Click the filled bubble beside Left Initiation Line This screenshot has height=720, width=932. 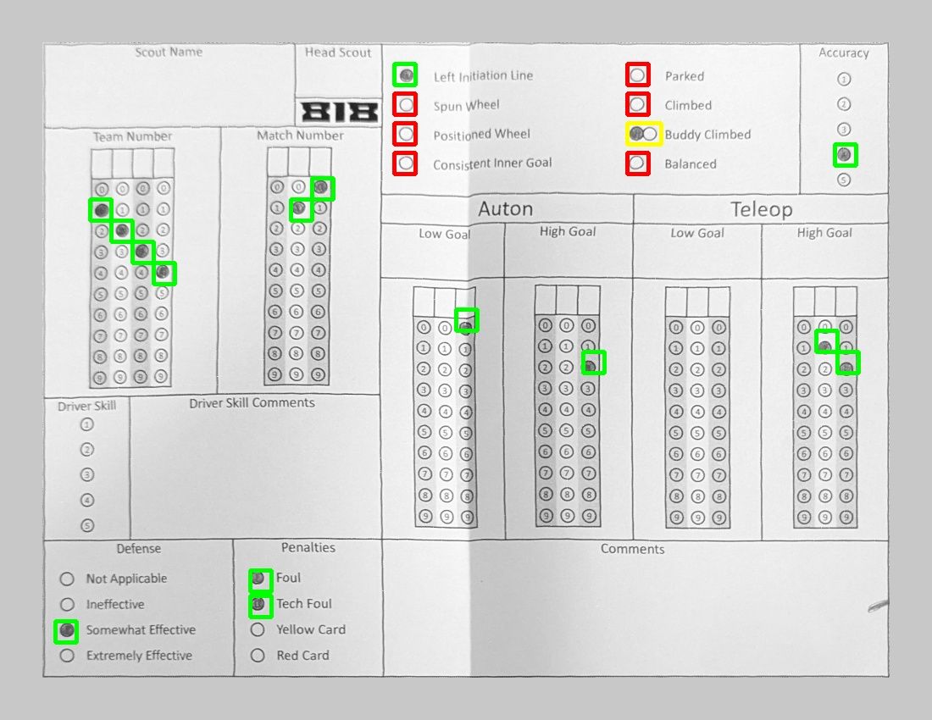[406, 75]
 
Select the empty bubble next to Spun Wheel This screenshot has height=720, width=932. [406, 105]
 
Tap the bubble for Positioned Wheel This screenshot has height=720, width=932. [406, 134]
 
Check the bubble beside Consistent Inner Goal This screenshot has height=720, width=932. [406, 163]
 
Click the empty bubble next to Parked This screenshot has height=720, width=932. [637, 75]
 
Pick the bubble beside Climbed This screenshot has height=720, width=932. [637, 104]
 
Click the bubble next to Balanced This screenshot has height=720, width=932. [637, 163]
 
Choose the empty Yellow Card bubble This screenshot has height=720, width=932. [258, 629]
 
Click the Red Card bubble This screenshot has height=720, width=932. [258, 656]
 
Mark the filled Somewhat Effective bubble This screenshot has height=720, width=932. [67, 629]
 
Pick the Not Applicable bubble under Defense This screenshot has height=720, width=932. [67, 579]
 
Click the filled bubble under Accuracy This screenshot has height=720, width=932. [844, 155]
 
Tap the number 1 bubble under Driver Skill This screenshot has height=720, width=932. [86, 424]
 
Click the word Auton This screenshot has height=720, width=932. [505, 208]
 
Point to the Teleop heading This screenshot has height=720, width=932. [762, 209]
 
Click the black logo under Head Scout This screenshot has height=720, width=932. [340, 112]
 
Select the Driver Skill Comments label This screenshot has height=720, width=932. [252, 402]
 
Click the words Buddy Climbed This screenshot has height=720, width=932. [708, 134]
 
